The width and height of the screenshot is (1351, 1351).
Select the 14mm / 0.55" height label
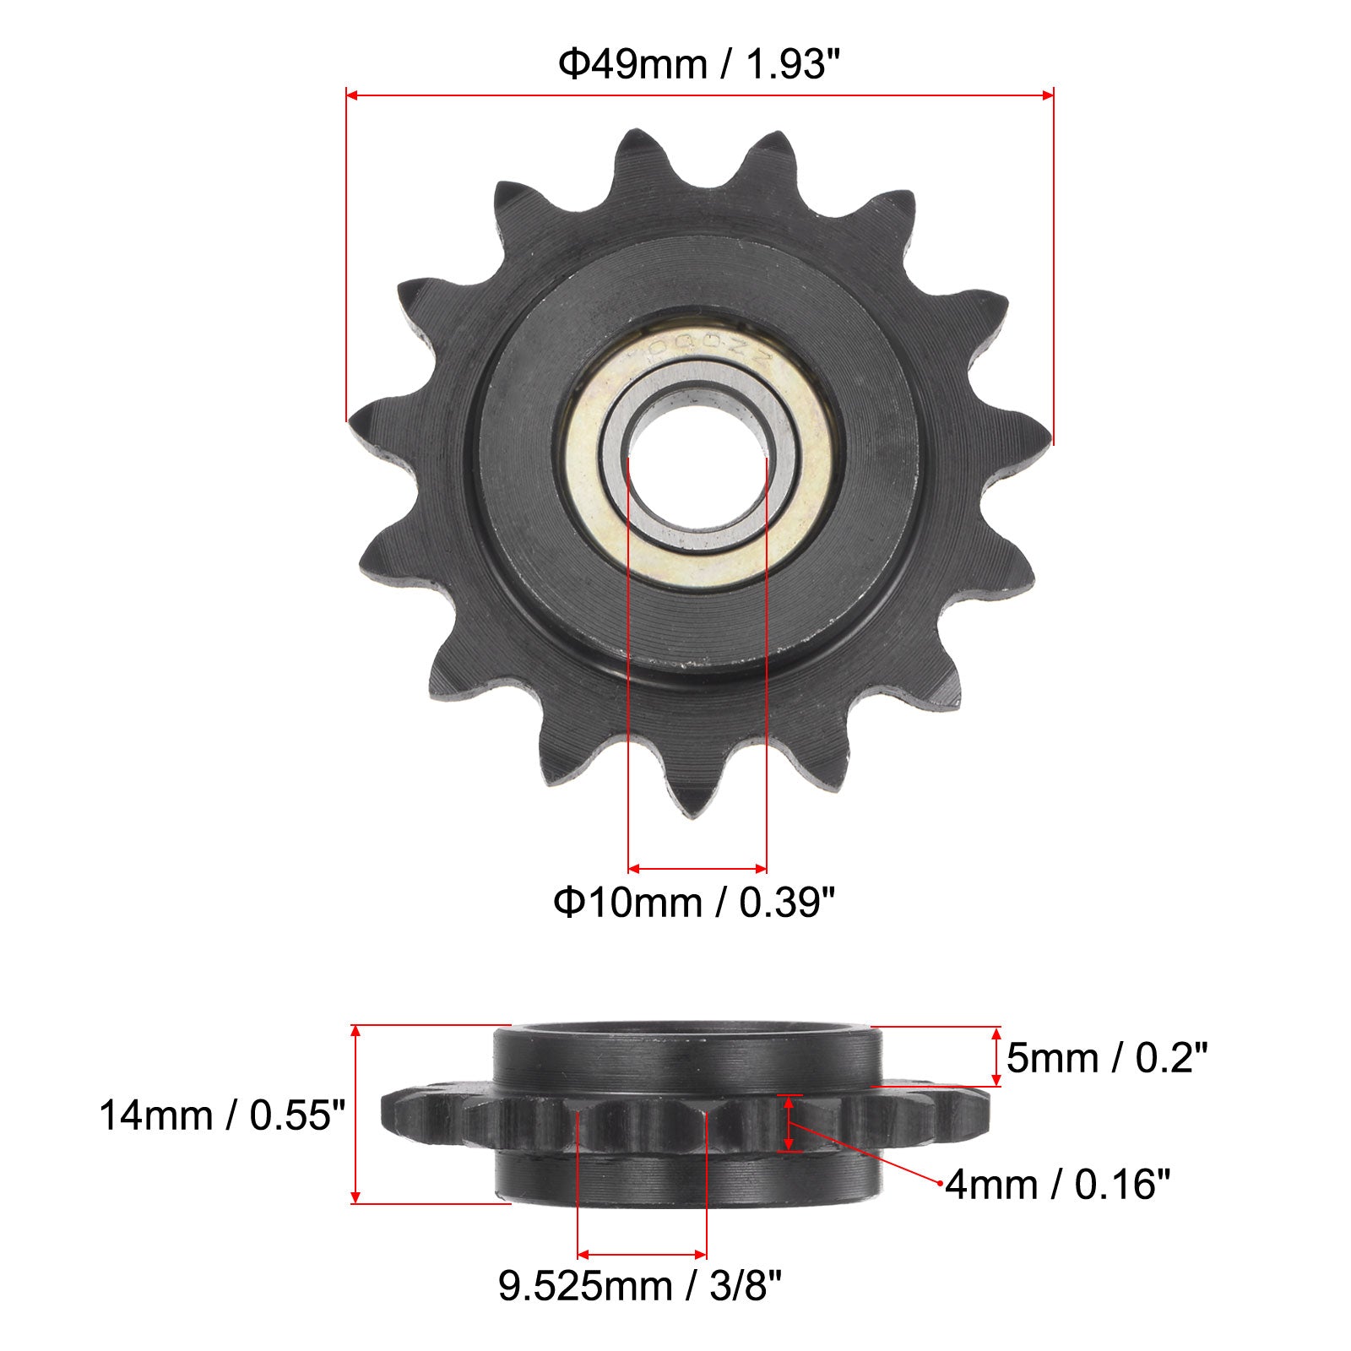pyautogui.click(x=223, y=1115)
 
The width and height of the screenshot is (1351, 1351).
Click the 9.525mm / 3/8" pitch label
pyautogui.click(x=640, y=1287)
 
